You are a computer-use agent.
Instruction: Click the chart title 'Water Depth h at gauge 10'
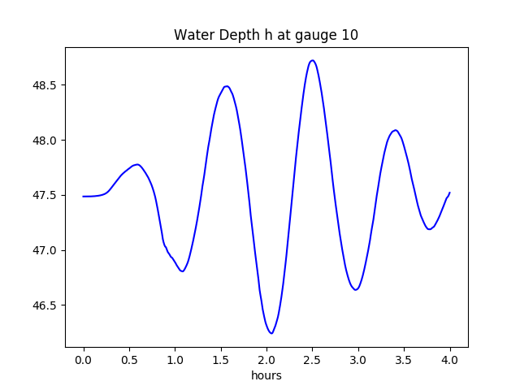266,35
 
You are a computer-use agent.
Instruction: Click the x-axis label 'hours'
266,375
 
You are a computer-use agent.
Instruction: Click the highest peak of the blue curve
312,60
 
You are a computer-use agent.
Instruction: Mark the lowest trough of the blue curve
271,333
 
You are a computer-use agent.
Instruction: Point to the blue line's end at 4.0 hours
449,193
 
